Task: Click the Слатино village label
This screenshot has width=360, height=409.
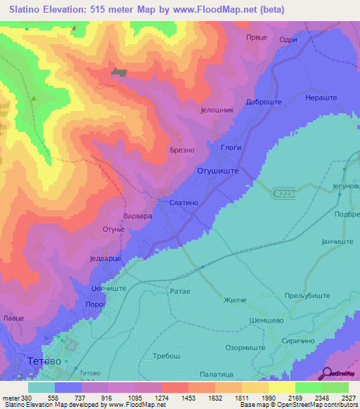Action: point(185,202)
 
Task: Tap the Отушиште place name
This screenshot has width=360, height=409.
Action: point(219,171)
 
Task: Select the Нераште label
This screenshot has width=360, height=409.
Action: point(322,98)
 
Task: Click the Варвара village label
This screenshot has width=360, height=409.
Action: point(137,217)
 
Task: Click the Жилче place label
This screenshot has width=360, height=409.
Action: point(235,300)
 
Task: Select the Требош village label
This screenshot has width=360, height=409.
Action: point(167,356)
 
